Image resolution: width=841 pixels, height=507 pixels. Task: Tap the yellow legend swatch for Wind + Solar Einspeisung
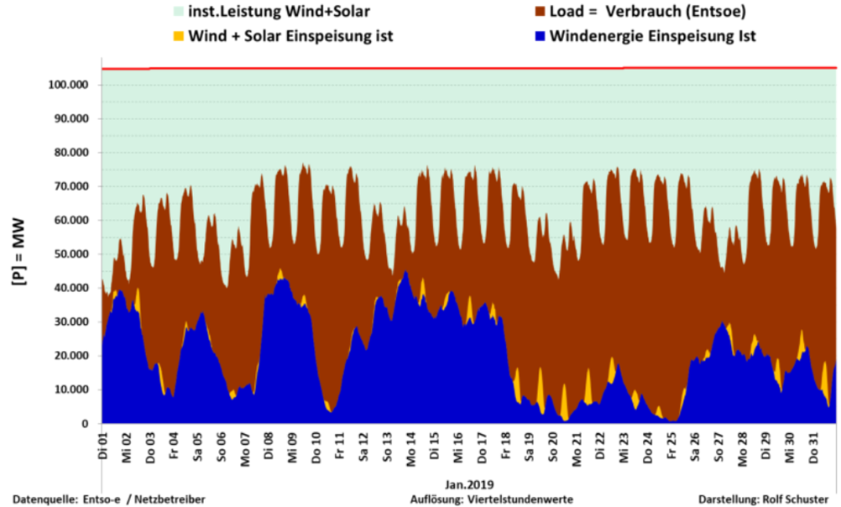(178, 36)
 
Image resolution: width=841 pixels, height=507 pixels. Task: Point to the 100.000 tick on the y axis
(71, 86)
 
